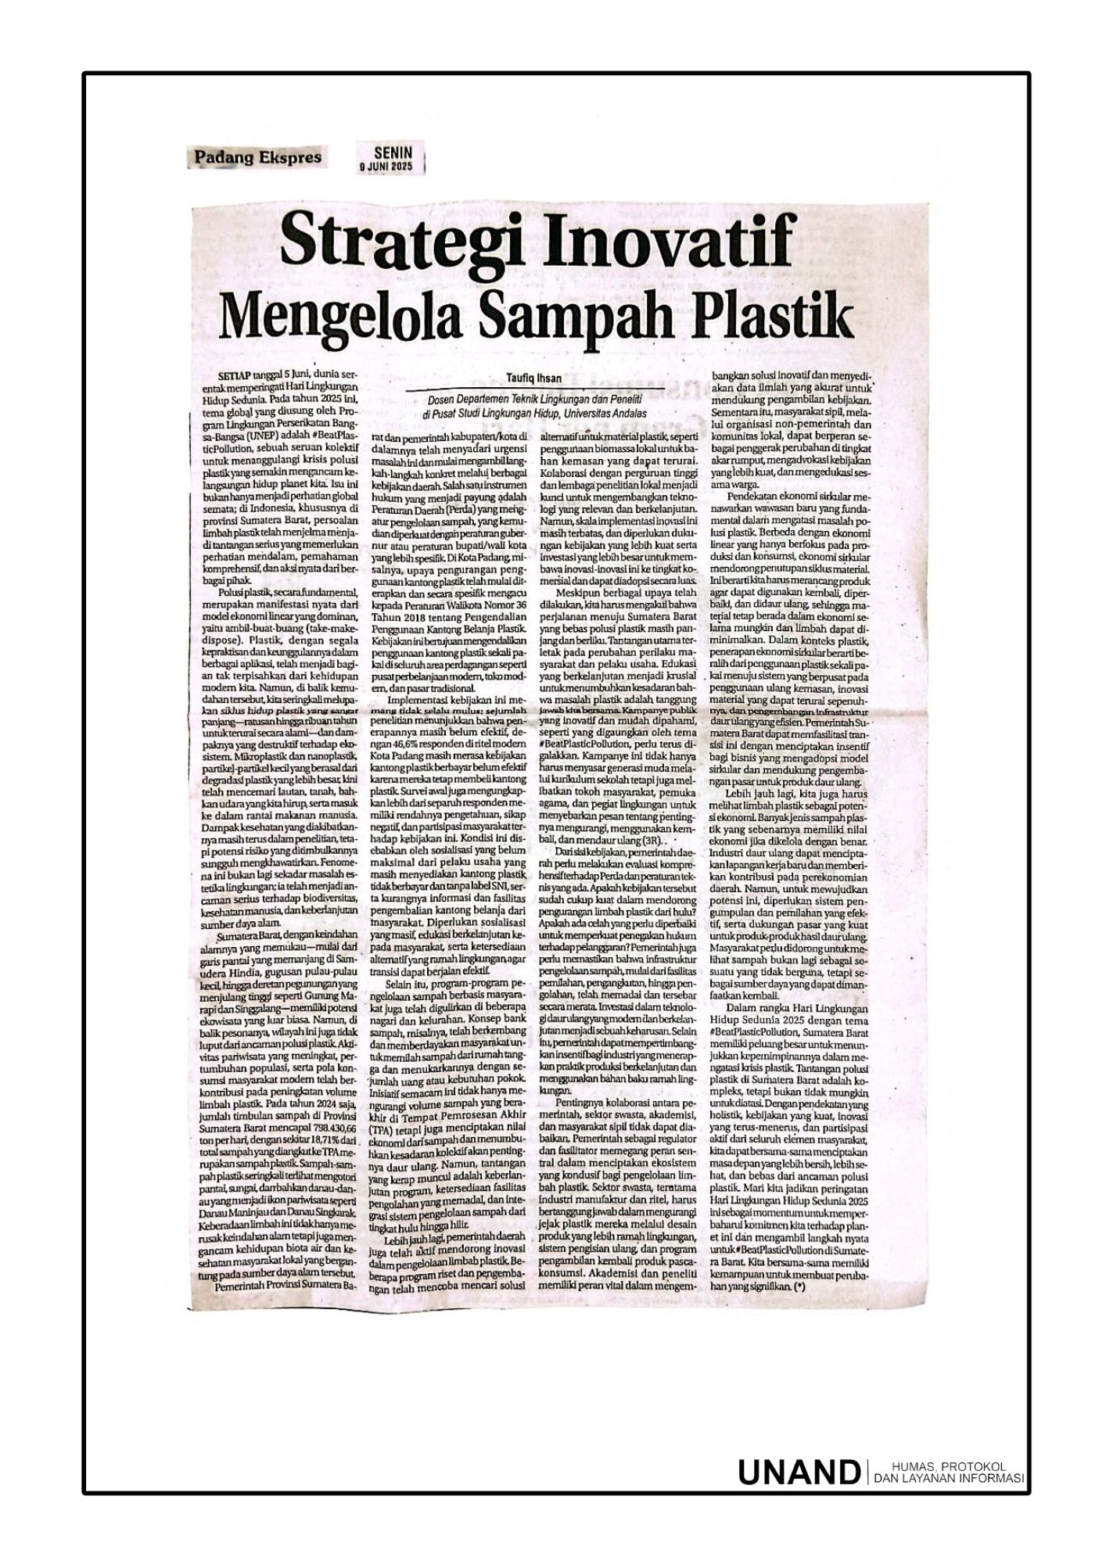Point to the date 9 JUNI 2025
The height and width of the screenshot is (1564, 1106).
pos(398,166)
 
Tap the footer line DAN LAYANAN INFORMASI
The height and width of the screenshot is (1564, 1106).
pos(948,1477)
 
